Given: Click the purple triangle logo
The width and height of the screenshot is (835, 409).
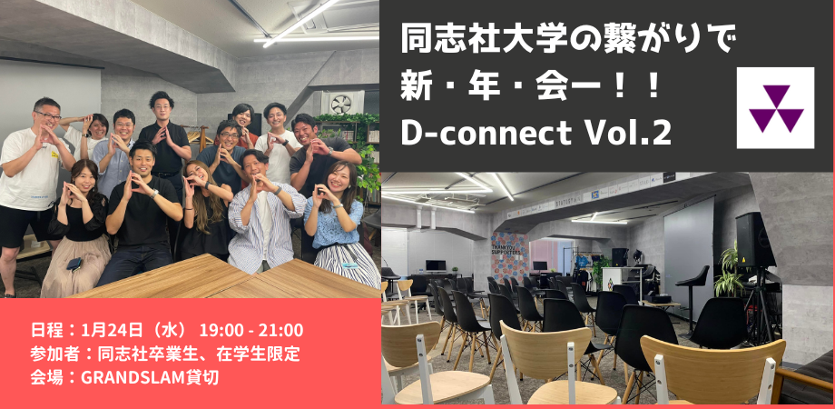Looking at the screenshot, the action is (x=775, y=108).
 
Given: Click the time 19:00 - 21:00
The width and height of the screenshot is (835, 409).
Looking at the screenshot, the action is (x=251, y=330).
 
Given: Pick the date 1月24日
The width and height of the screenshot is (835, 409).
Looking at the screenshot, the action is (x=112, y=330).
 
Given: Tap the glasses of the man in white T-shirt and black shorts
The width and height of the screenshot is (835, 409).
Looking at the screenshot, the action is (x=48, y=115).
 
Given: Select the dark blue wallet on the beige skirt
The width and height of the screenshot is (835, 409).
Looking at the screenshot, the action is (x=74, y=264).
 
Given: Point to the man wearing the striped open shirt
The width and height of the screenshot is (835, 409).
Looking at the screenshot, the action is (x=261, y=214).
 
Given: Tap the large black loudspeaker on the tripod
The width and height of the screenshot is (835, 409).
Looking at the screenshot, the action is (x=754, y=239).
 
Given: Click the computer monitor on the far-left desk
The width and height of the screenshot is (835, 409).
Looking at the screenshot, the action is (x=436, y=265).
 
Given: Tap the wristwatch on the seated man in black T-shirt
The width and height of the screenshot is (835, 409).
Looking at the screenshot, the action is (x=154, y=194).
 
